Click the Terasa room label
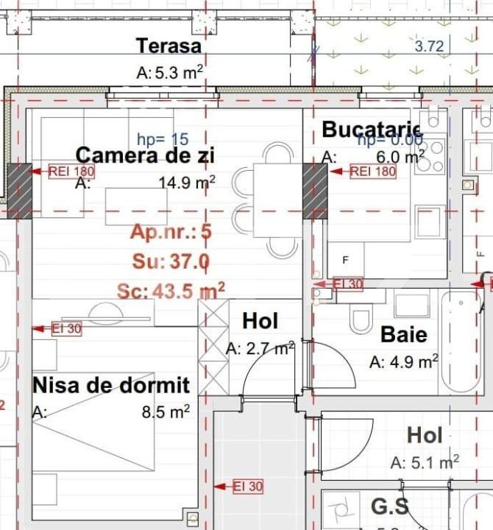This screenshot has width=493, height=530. pos(169,46)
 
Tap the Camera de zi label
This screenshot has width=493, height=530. pos(145,155)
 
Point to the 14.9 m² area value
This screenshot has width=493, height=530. pos(187,182)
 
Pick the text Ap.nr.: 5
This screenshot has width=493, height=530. pos(171,233)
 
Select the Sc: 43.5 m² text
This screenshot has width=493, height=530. pos(171,291)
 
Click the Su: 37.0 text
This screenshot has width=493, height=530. pos(171,261)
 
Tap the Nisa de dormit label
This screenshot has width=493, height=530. pos(111,385)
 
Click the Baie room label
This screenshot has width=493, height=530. pos(403,335)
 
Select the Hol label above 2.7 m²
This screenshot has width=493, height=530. pos(260,321)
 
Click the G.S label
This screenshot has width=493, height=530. pos(389,506)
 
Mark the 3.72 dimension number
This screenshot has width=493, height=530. pos(429,47)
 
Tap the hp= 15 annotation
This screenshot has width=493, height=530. pos(163,138)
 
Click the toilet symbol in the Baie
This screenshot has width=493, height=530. pos(361,319)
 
